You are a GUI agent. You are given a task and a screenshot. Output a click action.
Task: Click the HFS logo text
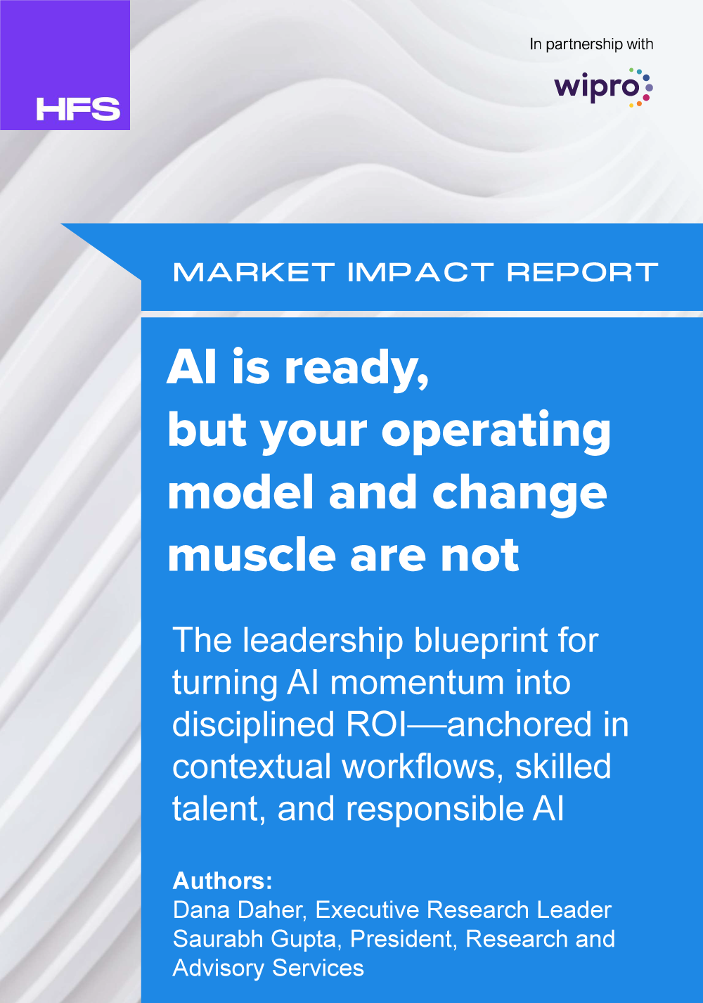click(78, 109)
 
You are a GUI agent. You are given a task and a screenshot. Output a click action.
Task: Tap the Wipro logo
click(603, 88)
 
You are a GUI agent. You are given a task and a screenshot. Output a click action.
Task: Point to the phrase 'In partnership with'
click(591, 44)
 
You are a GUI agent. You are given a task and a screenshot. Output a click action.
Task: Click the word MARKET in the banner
click(254, 272)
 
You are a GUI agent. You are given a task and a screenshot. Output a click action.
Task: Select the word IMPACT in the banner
click(420, 272)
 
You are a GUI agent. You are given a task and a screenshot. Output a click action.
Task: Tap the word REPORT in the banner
click(582, 272)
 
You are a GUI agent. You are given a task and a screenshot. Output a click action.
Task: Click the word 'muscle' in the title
click(252, 555)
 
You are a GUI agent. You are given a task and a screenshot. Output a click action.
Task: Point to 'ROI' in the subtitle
click(376, 725)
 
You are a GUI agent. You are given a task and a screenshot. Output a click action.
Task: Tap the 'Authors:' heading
click(222, 881)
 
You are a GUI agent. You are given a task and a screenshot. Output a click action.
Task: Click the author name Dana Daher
click(240, 910)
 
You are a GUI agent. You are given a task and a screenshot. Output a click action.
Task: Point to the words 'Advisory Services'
click(268, 968)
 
